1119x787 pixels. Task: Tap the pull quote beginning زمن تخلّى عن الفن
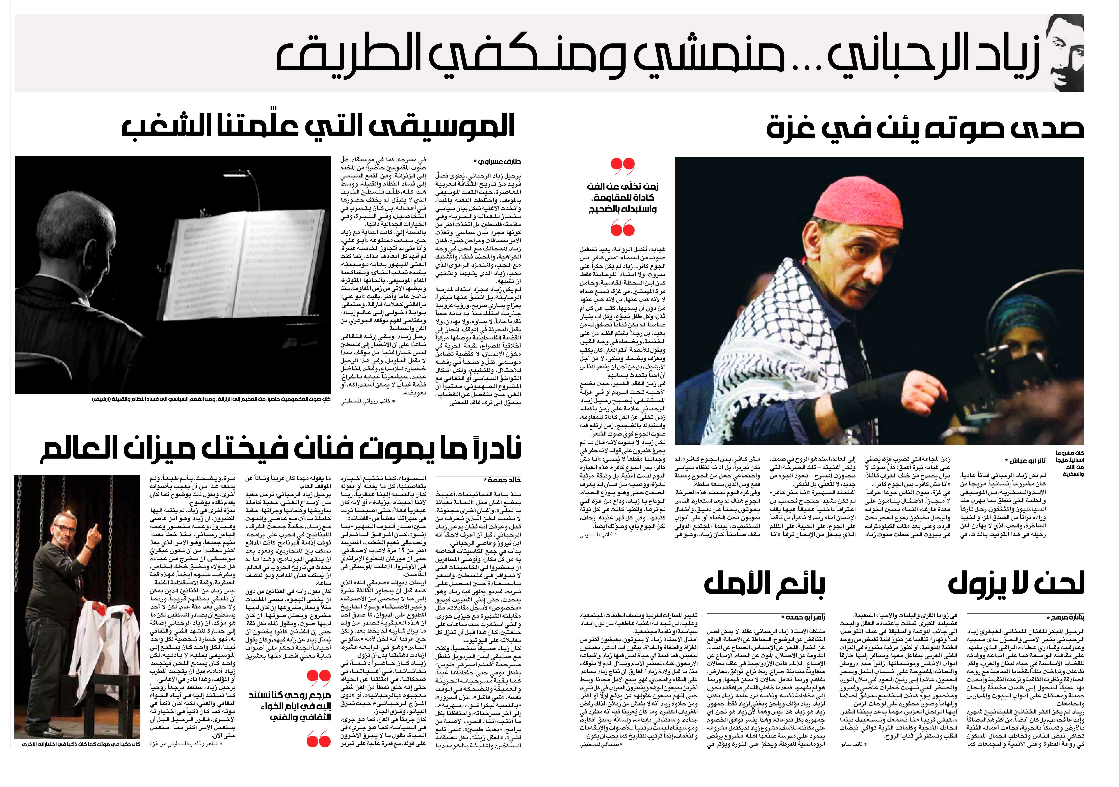tap(622, 197)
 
